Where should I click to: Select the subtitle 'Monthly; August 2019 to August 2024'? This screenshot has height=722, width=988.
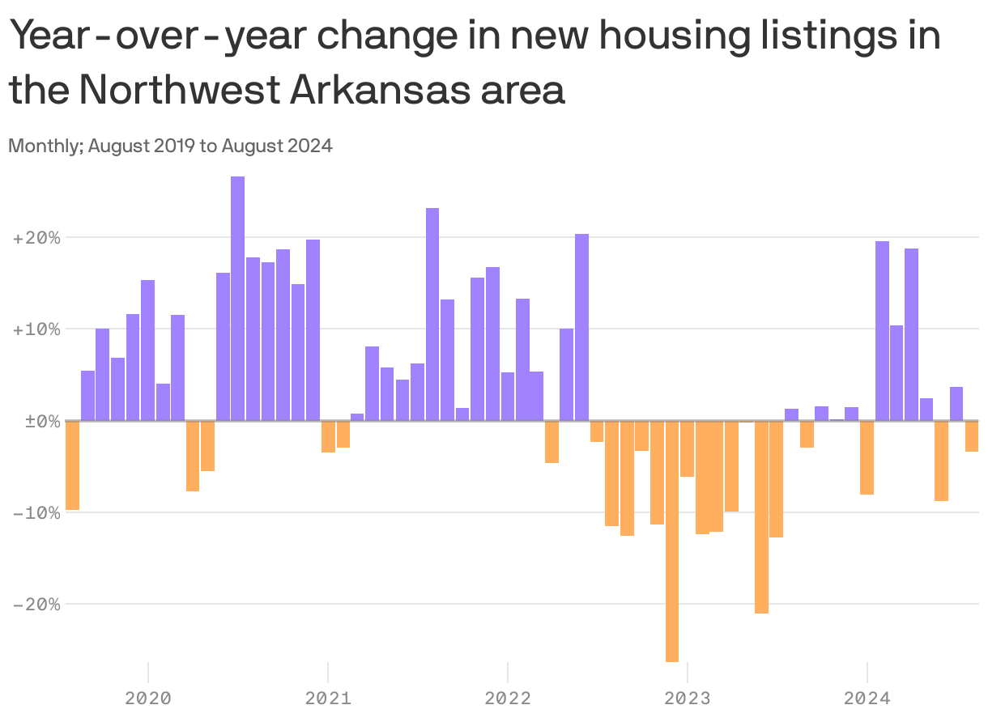[x=170, y=147]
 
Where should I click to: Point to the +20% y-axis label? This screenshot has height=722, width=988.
[x=36, y=238]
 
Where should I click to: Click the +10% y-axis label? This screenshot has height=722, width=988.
[x=36, y=329]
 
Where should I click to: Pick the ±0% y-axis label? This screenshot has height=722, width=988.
[x=36, y=421]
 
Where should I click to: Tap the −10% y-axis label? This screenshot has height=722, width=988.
[x=36, y=512]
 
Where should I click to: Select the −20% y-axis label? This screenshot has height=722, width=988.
[x=36, y=604]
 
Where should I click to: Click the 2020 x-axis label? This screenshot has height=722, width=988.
[x=148, y=698]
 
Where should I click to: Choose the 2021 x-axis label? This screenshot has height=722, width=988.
[x=328, y=698]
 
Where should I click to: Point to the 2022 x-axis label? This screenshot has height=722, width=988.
[x=508, y=698]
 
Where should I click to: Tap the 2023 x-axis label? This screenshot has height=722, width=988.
[x=688, y=698]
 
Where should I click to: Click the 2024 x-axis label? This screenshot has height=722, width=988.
[x=867, y=698]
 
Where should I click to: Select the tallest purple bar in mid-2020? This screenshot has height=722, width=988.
[x=237, y=299]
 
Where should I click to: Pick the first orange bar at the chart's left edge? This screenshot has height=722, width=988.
[x=72, y=465]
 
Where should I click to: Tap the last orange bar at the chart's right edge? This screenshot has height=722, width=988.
[x=972, y=436]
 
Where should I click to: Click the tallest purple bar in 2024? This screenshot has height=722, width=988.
[x=882, y=331]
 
